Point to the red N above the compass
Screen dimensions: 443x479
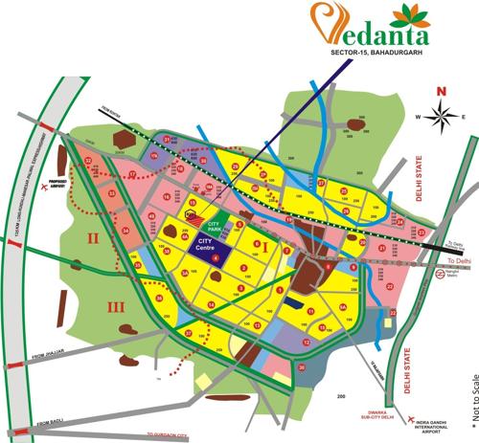pos(441,92)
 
